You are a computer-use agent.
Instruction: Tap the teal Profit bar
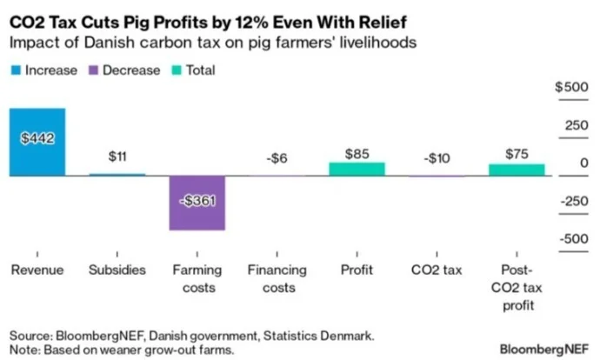(357, 169)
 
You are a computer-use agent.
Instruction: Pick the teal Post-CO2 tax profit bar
(517, 170)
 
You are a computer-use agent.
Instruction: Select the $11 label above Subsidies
(117, 157)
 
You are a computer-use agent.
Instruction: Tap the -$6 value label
(277, 157)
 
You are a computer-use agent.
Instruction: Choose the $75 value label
(517, 154)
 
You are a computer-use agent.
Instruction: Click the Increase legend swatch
(15, 70)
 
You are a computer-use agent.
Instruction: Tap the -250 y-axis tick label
(573, 201)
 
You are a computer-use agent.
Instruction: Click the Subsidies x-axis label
(117, 270)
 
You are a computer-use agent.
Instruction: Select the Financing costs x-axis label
(277, 278)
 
